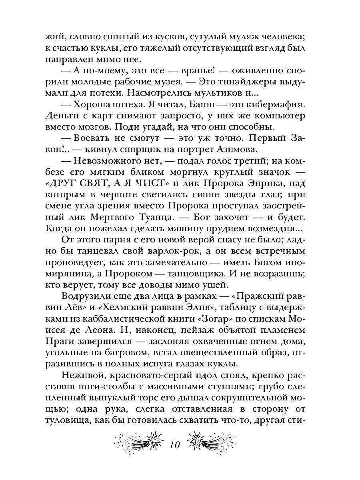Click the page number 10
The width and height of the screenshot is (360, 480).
click(175, 445)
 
